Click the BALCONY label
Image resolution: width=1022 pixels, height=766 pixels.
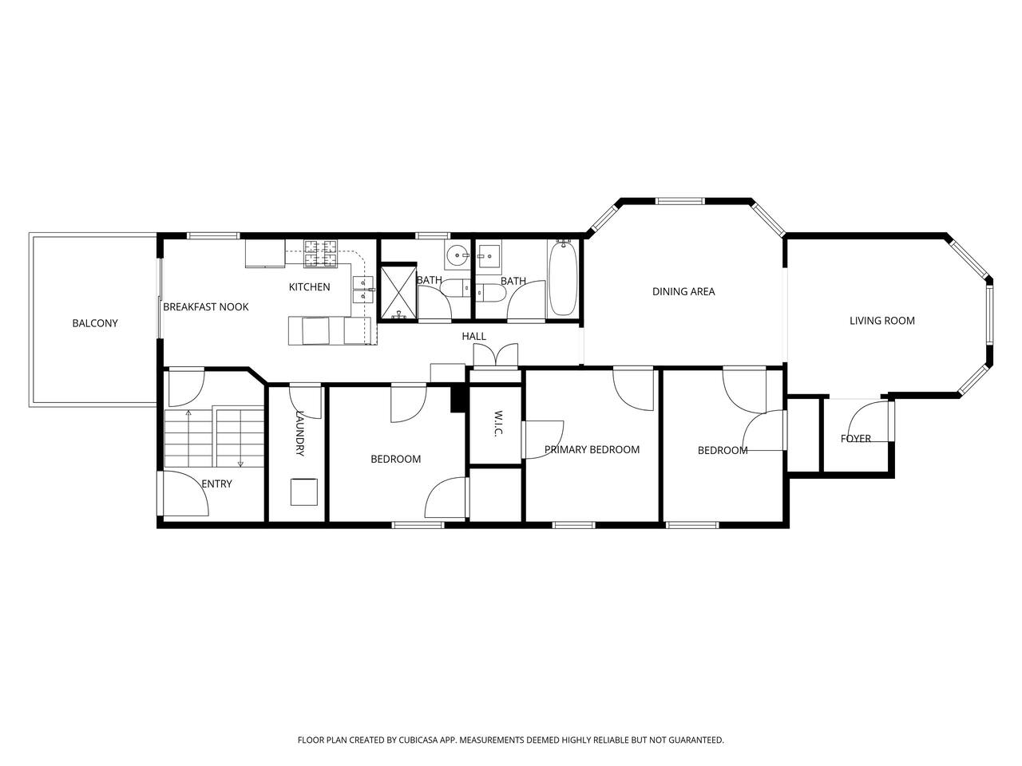click(x=94, y=323)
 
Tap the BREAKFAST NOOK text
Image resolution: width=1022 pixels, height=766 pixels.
click(x=205, y=307)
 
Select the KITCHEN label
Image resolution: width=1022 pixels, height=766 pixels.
click(x=309, y=287)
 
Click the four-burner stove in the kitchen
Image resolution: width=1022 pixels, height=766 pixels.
click(x=320, y=254)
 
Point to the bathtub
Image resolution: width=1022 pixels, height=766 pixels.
click(x=564, y=278)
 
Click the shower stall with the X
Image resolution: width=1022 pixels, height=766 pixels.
click(x=398, y=293)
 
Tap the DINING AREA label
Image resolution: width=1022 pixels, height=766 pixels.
click(x=683, y=291)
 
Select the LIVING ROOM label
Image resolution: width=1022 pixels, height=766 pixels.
click(x=881, y=321)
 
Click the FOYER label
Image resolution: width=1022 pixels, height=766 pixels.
click(x=856, y=438)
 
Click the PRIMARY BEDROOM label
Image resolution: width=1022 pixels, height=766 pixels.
click(x=592, y=449)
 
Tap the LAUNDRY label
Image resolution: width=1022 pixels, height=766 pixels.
click(x=300, y=433)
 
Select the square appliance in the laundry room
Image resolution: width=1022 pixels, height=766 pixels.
click(x=304, y=492)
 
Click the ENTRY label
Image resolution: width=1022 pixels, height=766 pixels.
click(x=216, y=484)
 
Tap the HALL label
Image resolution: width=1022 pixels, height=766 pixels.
click(x=473, y=336)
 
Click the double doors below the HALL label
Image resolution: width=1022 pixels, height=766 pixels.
click(x=495, y=356)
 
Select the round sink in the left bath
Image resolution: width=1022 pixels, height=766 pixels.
click(x=458, y=255)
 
